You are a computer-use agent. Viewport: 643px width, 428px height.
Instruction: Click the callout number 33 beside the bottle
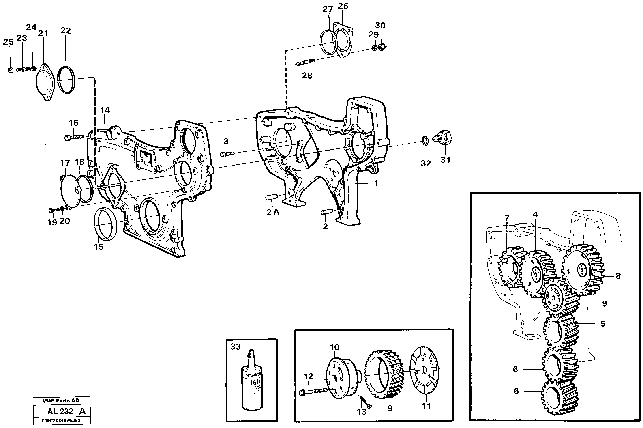236,347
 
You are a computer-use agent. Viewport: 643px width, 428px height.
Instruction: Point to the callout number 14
105,110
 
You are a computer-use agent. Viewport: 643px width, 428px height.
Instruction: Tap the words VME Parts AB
61,400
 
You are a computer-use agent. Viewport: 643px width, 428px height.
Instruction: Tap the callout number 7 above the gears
507,218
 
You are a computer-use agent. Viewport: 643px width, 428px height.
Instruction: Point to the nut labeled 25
10,70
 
